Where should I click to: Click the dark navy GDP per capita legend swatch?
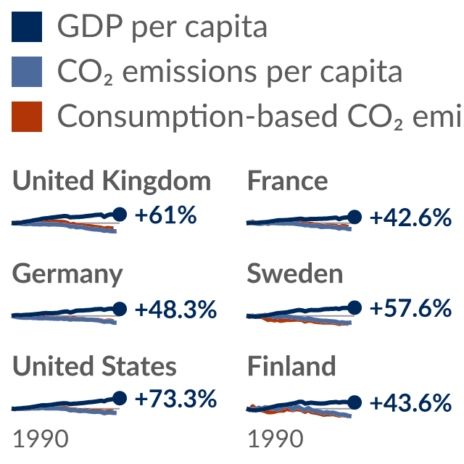pyautogui.click(x=27, y=27)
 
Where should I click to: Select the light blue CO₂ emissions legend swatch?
pyautogui.click(x=27, y=72)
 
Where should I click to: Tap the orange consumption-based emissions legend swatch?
pyautogui.click(x=27, y=117)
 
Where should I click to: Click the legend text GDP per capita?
pyautogui.click(x=162, y=28)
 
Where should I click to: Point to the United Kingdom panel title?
pyautogui.click(x=112, y=181)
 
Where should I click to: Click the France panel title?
pyautogui.click(x=287, y=181)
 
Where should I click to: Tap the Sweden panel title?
pyautogui.click(x=295, y=274)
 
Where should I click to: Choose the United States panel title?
pyautogui.click(x=94, y=366)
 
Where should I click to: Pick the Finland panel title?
pyautogui.click(x=291, y=366)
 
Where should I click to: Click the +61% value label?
pyautogui.click(x=166, y=215)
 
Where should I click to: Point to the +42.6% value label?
pyautogui.click(x=411, y=217)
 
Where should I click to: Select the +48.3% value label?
pyautogui.click(x=175, y=310)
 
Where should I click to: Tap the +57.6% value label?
pyautogui.click(x=411, y=308)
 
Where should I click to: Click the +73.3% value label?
pyautogui.click(x=175, y=399)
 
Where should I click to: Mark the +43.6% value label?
pyautogui.click(x=411, y=403)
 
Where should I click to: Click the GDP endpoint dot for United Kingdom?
pyautogui.click(x=120, y=215)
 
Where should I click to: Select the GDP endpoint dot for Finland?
pyautogui.click(x=355, y=402)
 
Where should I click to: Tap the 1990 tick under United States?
pyautogui.click(x=41, y=439)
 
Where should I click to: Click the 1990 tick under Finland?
pyautogui.click(x=275, y=439)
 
